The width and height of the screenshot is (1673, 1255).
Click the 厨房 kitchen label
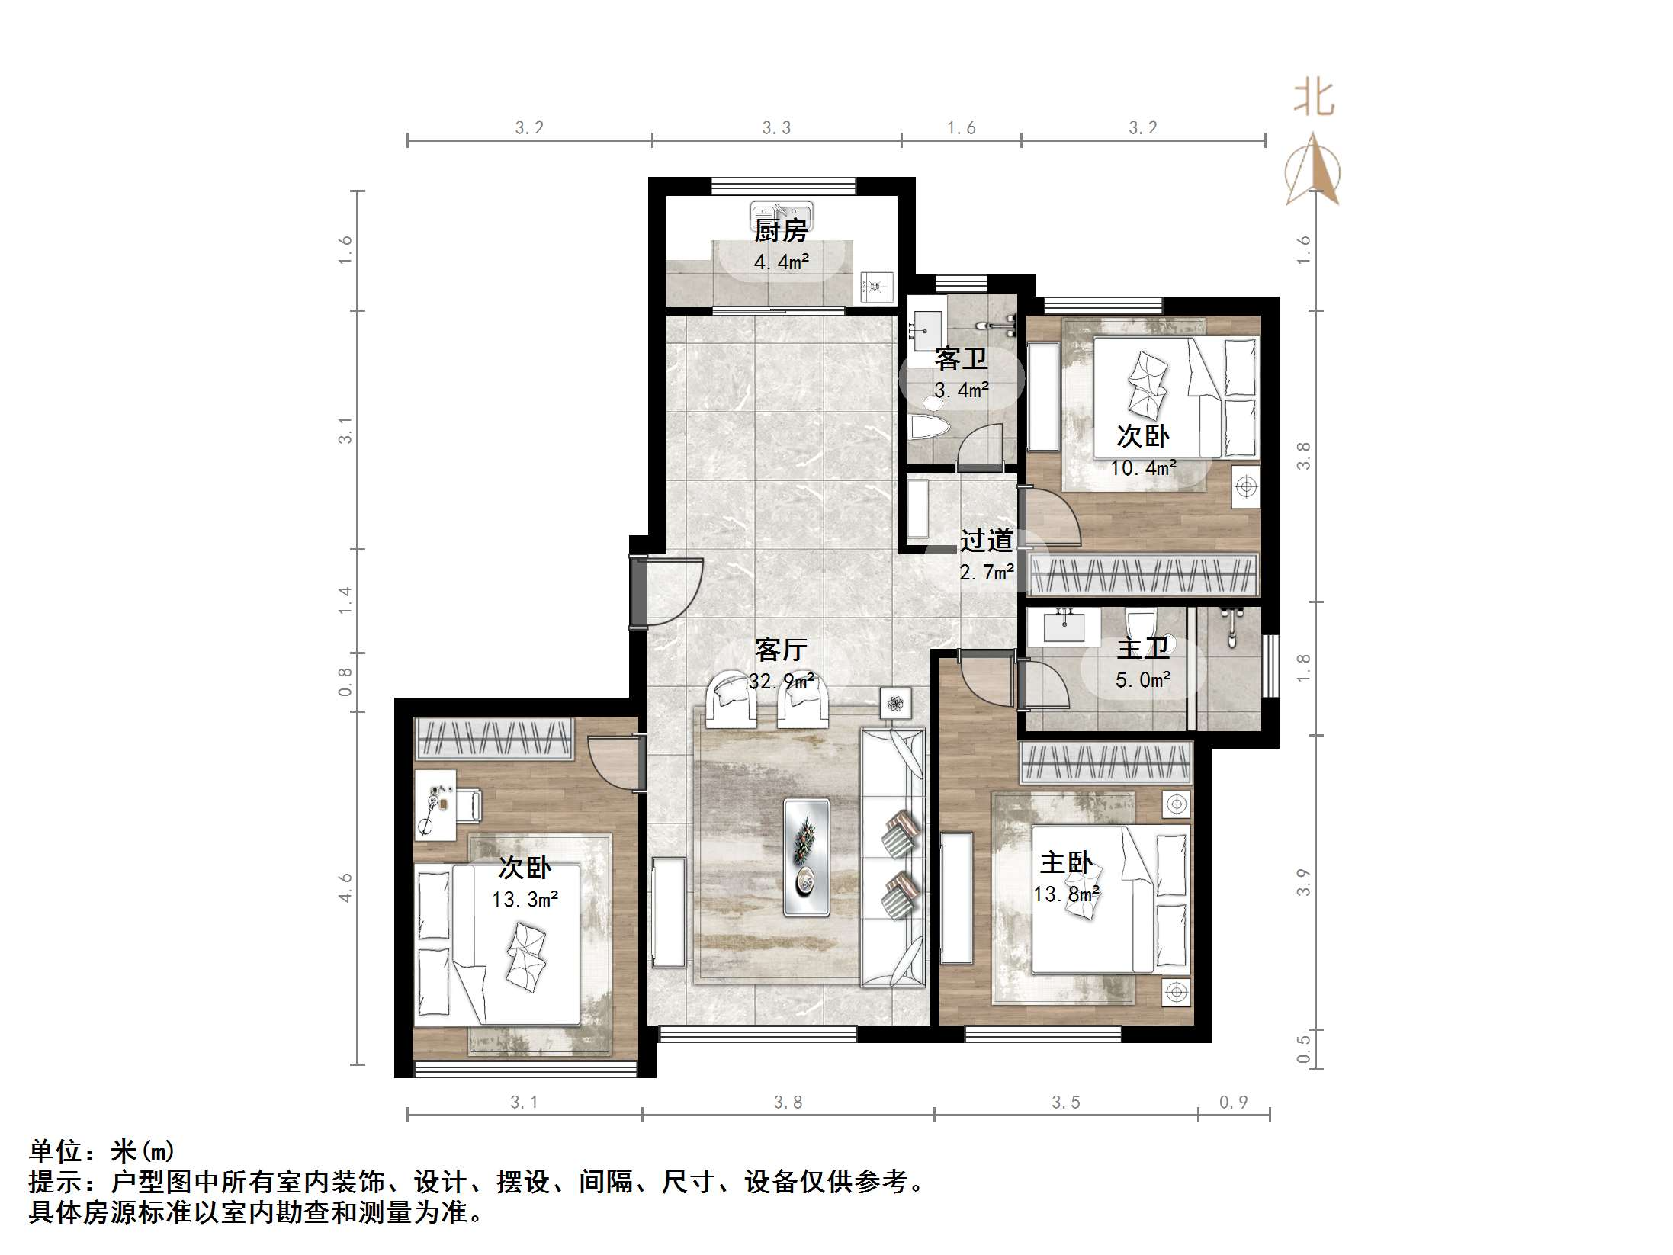click(781, 229)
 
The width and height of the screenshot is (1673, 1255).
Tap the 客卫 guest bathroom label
click(961, 358)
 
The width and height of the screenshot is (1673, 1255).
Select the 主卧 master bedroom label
click(1065, 862)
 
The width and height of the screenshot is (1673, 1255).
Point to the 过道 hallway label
click(986, 541)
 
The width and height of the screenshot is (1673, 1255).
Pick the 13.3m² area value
click(525, 900)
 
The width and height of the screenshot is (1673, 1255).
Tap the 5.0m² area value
click(1143, 679)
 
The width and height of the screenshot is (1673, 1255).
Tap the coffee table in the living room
click(807, 856)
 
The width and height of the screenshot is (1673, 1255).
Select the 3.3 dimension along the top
click(776, 128)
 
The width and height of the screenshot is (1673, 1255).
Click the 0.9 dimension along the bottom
click(1233, 1102)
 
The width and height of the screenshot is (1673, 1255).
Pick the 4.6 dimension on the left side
click(345, 887)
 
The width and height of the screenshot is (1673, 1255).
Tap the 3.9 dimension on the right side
click(1303, 882)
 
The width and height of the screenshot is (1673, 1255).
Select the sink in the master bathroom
click(1063, 627)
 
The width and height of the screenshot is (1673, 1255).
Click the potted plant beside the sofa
click(896, 703)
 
